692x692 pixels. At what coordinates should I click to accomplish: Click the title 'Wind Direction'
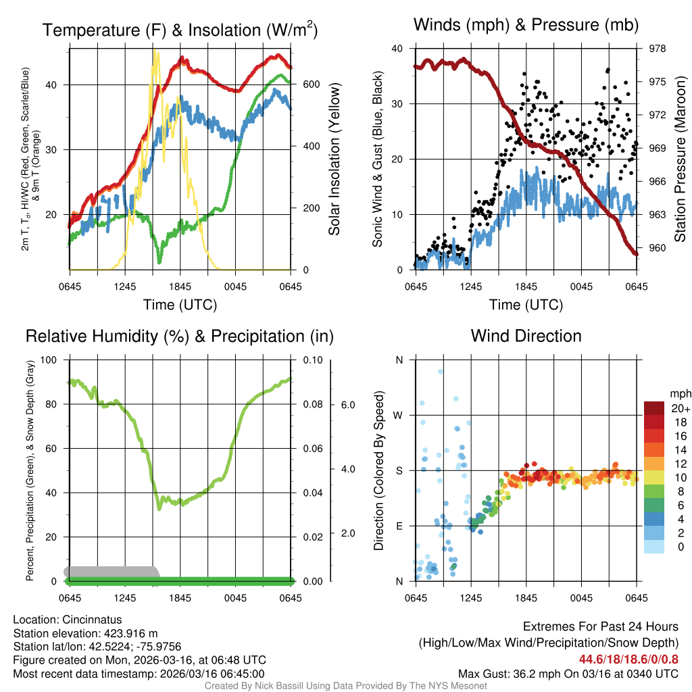pos(526,336)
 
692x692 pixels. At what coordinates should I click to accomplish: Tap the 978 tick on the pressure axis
pos(658,49)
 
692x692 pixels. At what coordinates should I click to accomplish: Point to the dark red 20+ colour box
pos(654,407)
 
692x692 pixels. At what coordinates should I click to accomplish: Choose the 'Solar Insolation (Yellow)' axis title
pos(334,159)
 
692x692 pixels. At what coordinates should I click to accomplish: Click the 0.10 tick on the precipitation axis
pos(312,360)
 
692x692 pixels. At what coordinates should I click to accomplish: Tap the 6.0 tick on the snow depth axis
pos(346,405)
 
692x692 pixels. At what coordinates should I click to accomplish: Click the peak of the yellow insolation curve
pos(155,51)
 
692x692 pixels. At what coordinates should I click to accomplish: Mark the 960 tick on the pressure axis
pos(658,247)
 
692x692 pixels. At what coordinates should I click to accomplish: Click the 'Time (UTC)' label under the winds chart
pos(526,305)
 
